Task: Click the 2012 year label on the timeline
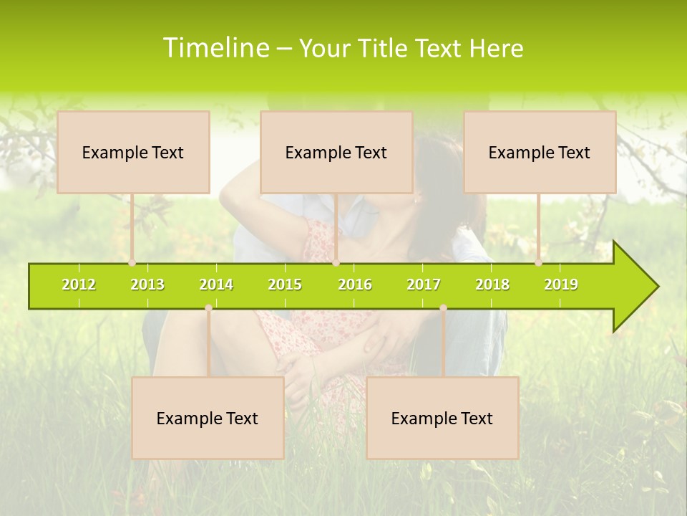coord(79,285)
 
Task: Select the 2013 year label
coord(147,285)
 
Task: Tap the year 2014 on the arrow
coord(216,285)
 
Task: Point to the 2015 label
coord(285,285)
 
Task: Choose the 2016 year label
coord(355,285)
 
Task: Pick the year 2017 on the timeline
coord(424,285)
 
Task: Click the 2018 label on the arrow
coord(492,285)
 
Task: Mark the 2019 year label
coord(561,285)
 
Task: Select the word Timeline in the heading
coord(215,48)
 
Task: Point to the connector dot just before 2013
coord(132,263)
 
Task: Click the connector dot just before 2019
coord(539,263)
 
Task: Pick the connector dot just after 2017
coord(443,308)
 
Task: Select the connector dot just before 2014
coord(208,308)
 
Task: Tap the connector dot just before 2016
coord(336,263)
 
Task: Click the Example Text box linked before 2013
coord(133,152)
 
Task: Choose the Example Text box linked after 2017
coord(442,418)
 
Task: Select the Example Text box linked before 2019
coord(540,152)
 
